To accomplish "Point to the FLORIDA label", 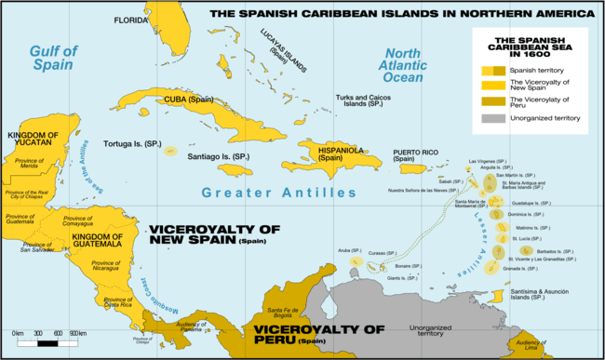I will pyautogui.click(x=130, y=20).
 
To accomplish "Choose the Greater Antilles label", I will pyautogui.click(x=279, y=193).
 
